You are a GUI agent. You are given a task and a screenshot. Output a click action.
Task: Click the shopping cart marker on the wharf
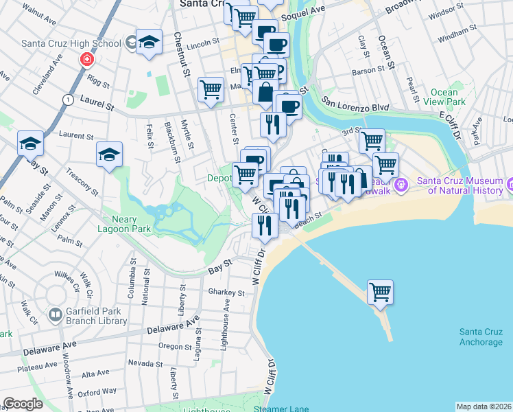380,292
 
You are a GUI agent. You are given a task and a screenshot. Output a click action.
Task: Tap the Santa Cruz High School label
72,43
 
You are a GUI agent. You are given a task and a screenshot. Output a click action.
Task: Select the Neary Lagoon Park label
126,224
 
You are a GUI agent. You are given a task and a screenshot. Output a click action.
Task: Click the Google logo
23,404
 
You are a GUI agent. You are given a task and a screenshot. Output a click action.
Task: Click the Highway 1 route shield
67,100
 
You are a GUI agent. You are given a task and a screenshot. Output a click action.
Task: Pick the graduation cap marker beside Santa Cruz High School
149,43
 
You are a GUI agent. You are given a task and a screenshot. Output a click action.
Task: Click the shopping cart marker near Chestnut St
211,89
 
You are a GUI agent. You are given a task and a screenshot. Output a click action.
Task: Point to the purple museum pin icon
402,185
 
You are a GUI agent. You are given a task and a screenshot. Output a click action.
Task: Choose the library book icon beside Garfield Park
55,316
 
